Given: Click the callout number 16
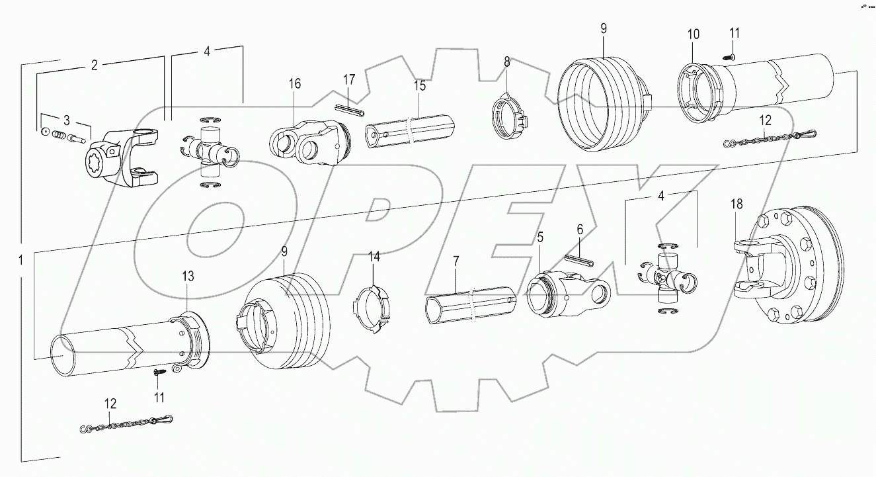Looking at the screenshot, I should pyautogui.click(x=294, y=83).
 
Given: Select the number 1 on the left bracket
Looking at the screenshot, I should pyautogui.click(x=21, y=261).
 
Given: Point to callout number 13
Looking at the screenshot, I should pyautogui.click(x=188, y=276).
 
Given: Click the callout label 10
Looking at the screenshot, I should pyautogui.click(x=692, y=34).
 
